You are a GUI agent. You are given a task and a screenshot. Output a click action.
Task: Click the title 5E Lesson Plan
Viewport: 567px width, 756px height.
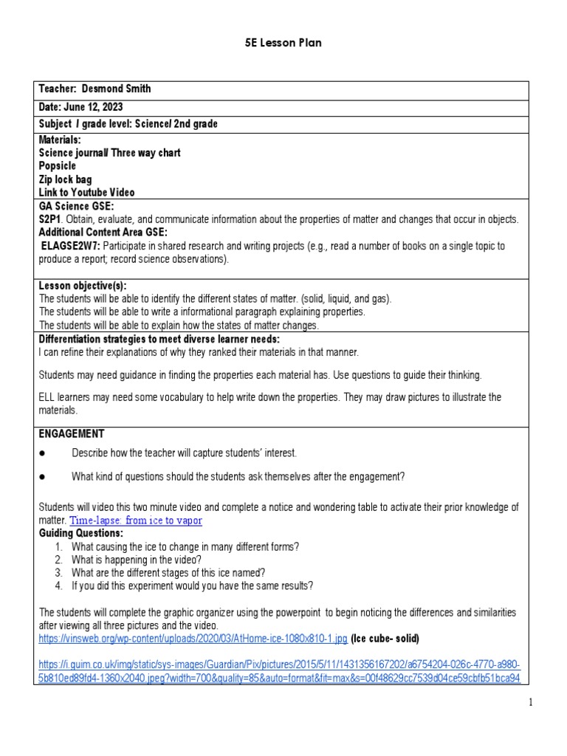tap(283, 43)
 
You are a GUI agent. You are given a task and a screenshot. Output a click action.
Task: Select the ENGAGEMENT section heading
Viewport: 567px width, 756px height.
tap(72, 433)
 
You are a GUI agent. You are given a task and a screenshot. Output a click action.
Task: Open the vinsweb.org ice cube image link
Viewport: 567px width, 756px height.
tap(193, 637)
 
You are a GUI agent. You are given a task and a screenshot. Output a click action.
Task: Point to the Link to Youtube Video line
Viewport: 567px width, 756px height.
tap(87, 193)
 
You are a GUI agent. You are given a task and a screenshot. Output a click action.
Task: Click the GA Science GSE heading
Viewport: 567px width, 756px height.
tap(77, 207)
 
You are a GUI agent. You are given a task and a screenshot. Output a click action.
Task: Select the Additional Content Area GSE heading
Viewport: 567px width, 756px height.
tap(103, 233)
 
